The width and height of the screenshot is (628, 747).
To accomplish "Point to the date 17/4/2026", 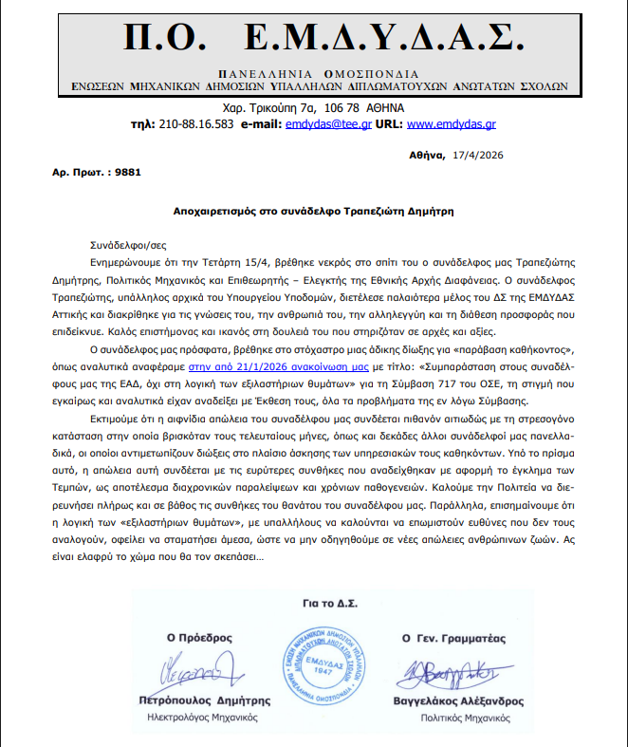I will tap(478, 153).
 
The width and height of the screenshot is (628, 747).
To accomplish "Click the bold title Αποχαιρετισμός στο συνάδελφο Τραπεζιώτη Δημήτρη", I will tap(313, 209).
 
